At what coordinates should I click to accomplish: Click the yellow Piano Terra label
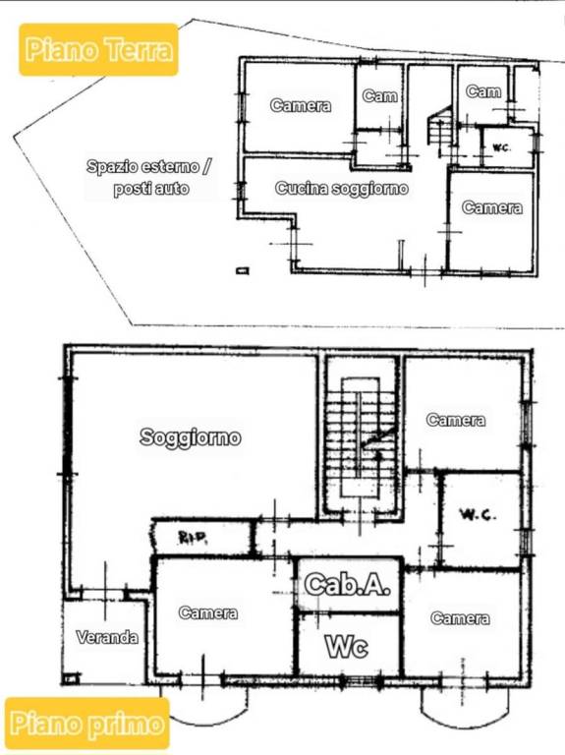98,49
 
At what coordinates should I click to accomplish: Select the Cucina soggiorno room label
341,188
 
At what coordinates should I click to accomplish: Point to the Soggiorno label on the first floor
191,438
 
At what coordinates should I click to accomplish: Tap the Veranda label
107,637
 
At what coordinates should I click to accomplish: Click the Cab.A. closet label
348,585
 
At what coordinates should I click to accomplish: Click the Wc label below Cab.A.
347,647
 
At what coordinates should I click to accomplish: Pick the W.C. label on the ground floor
500,148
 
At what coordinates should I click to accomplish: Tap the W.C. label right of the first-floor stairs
480,515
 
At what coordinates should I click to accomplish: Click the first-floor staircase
361,442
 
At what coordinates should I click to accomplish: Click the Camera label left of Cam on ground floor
300,106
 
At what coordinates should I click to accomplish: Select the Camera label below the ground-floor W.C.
492,207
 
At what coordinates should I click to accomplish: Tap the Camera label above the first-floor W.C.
456,420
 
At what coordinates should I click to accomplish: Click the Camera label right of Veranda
208,612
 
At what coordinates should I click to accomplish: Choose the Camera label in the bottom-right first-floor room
460,618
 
